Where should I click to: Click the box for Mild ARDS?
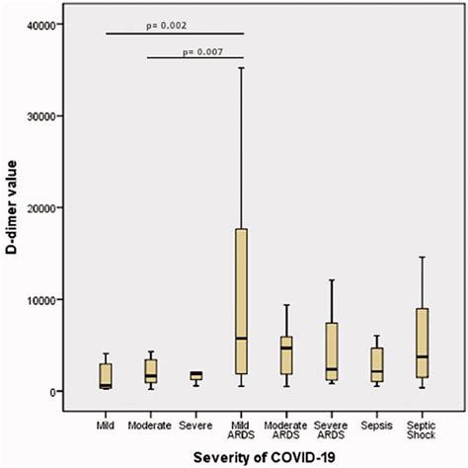(241, 296)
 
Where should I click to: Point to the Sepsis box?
(376, 364)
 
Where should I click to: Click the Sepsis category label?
(376, 418)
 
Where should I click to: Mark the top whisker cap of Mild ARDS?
(241, 67)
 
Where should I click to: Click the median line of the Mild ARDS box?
(241, 339)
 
